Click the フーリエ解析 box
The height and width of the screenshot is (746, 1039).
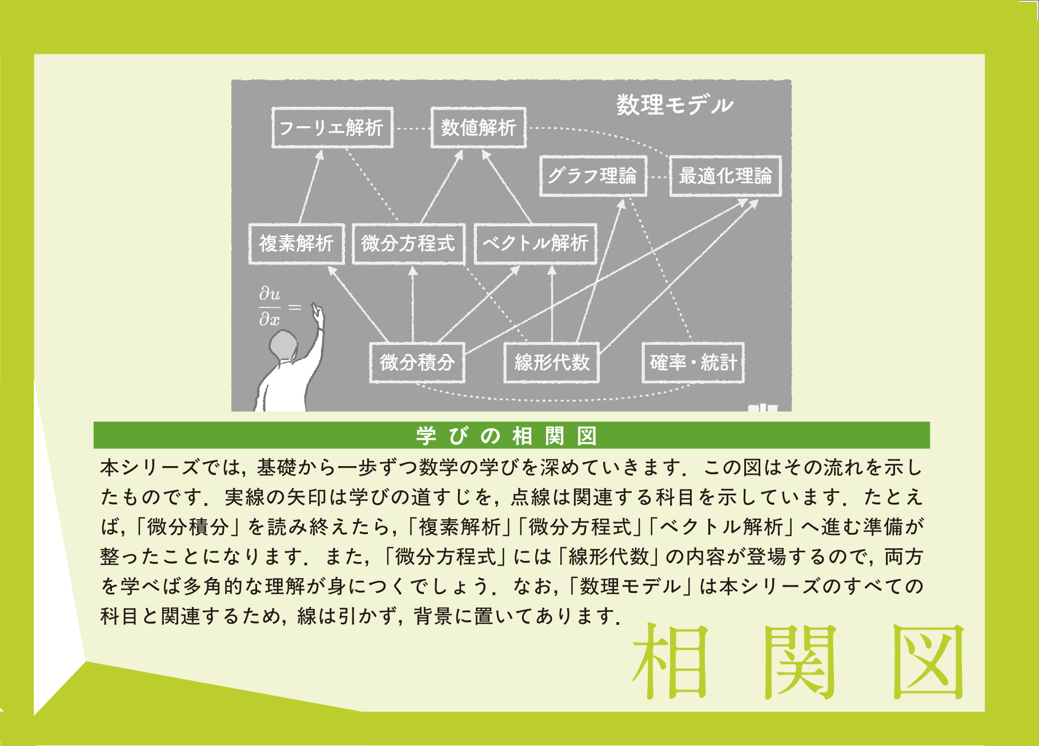coord(332,127)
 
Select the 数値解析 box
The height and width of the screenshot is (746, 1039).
coord(478,127)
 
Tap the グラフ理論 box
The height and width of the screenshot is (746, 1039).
coord(593,176)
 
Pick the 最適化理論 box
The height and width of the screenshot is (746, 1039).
coord(725,176)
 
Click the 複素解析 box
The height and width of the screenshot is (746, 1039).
coord(296,243)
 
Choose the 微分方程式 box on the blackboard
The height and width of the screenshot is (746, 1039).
coord(408,243)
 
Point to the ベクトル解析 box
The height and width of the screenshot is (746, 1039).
coord(535,243)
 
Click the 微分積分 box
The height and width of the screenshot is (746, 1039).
coord(417,362)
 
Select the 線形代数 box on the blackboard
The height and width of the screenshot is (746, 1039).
coord(551,362)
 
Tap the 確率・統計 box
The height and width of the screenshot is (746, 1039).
coord(693,362)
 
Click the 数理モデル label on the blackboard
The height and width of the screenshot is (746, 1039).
coord(675,105)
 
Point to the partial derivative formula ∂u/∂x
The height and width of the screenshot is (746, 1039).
coord(270,307)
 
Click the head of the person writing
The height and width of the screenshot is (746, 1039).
coord(284,346)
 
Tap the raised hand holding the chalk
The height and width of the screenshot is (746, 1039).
coord(318,313)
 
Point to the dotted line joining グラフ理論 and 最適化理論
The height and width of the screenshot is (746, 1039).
coord(658,177)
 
